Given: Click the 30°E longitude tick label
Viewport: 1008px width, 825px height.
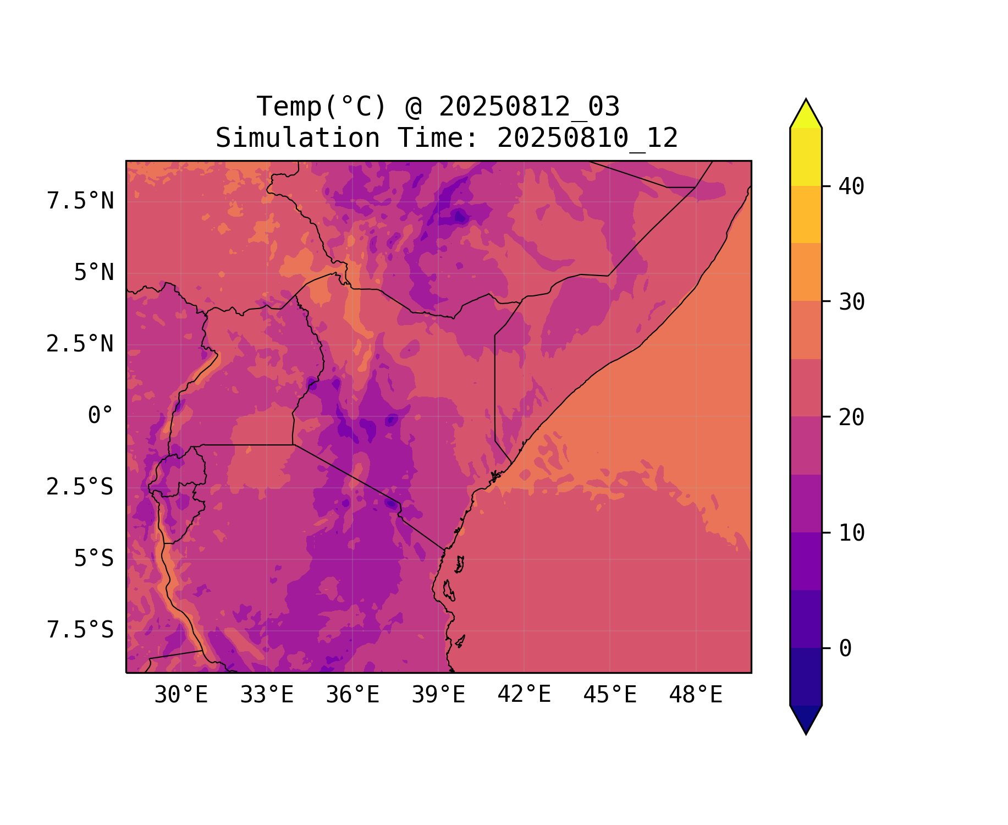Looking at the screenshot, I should click(181, 695).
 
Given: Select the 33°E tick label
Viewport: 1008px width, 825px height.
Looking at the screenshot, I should click(267, 695).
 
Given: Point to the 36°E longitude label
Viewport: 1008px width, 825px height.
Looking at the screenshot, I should click(352, 695).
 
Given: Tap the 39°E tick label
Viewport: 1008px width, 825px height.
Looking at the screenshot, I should click(438, 695).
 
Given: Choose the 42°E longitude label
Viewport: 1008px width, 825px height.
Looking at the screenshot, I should click(524, 695).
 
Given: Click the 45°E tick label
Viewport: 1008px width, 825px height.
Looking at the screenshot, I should click(610, 695).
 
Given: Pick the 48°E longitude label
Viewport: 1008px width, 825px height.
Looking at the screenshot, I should click(696, 695).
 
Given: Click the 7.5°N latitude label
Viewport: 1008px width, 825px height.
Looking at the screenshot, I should click(80, 201).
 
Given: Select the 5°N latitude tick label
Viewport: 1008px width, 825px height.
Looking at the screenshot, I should click(94, 273).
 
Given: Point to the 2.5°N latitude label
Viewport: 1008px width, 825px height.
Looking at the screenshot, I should click(80, 344).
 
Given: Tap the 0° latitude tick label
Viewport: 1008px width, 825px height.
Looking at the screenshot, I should click(101, 416).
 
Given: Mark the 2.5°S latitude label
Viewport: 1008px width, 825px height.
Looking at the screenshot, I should click(80, 487).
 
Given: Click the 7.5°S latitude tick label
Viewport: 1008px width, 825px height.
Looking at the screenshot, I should click(80, 630).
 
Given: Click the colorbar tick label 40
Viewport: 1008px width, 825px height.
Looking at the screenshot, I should click(851, 187).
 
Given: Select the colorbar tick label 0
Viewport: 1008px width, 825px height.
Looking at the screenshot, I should click(845, 649).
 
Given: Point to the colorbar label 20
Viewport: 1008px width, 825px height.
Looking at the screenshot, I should click(851, 418).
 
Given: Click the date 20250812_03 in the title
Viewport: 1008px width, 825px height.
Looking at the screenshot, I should click(529, 107).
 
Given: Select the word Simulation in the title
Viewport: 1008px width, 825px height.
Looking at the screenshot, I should click(298, 138).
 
